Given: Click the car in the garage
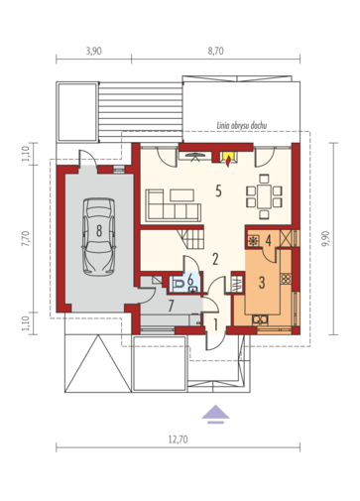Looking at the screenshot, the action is [99, 237].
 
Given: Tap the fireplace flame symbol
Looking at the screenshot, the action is [228, 160].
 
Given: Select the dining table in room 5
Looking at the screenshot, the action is [264, 196].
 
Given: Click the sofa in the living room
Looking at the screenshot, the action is [174, 205].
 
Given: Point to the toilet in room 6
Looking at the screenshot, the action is [180, 284].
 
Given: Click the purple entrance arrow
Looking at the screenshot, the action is [215, 414].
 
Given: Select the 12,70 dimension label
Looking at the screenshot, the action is [179, 439].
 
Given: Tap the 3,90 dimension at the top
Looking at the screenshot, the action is [93, 51].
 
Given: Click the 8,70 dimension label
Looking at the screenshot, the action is [215, 51].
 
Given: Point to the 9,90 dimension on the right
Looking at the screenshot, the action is [325, 238].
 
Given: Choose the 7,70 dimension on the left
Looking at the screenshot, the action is [26, 238].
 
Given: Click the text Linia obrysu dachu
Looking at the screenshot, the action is [242, 125].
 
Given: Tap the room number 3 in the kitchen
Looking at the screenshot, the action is [262, 283].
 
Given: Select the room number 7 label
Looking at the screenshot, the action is [171, 306].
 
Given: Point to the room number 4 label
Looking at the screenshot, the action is [268, 240].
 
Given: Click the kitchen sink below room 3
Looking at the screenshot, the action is [260, 319].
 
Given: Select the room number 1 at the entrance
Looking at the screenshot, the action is [215, 324].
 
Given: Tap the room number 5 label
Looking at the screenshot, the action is [218, 190].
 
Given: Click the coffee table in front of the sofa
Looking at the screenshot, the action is [181, 195].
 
